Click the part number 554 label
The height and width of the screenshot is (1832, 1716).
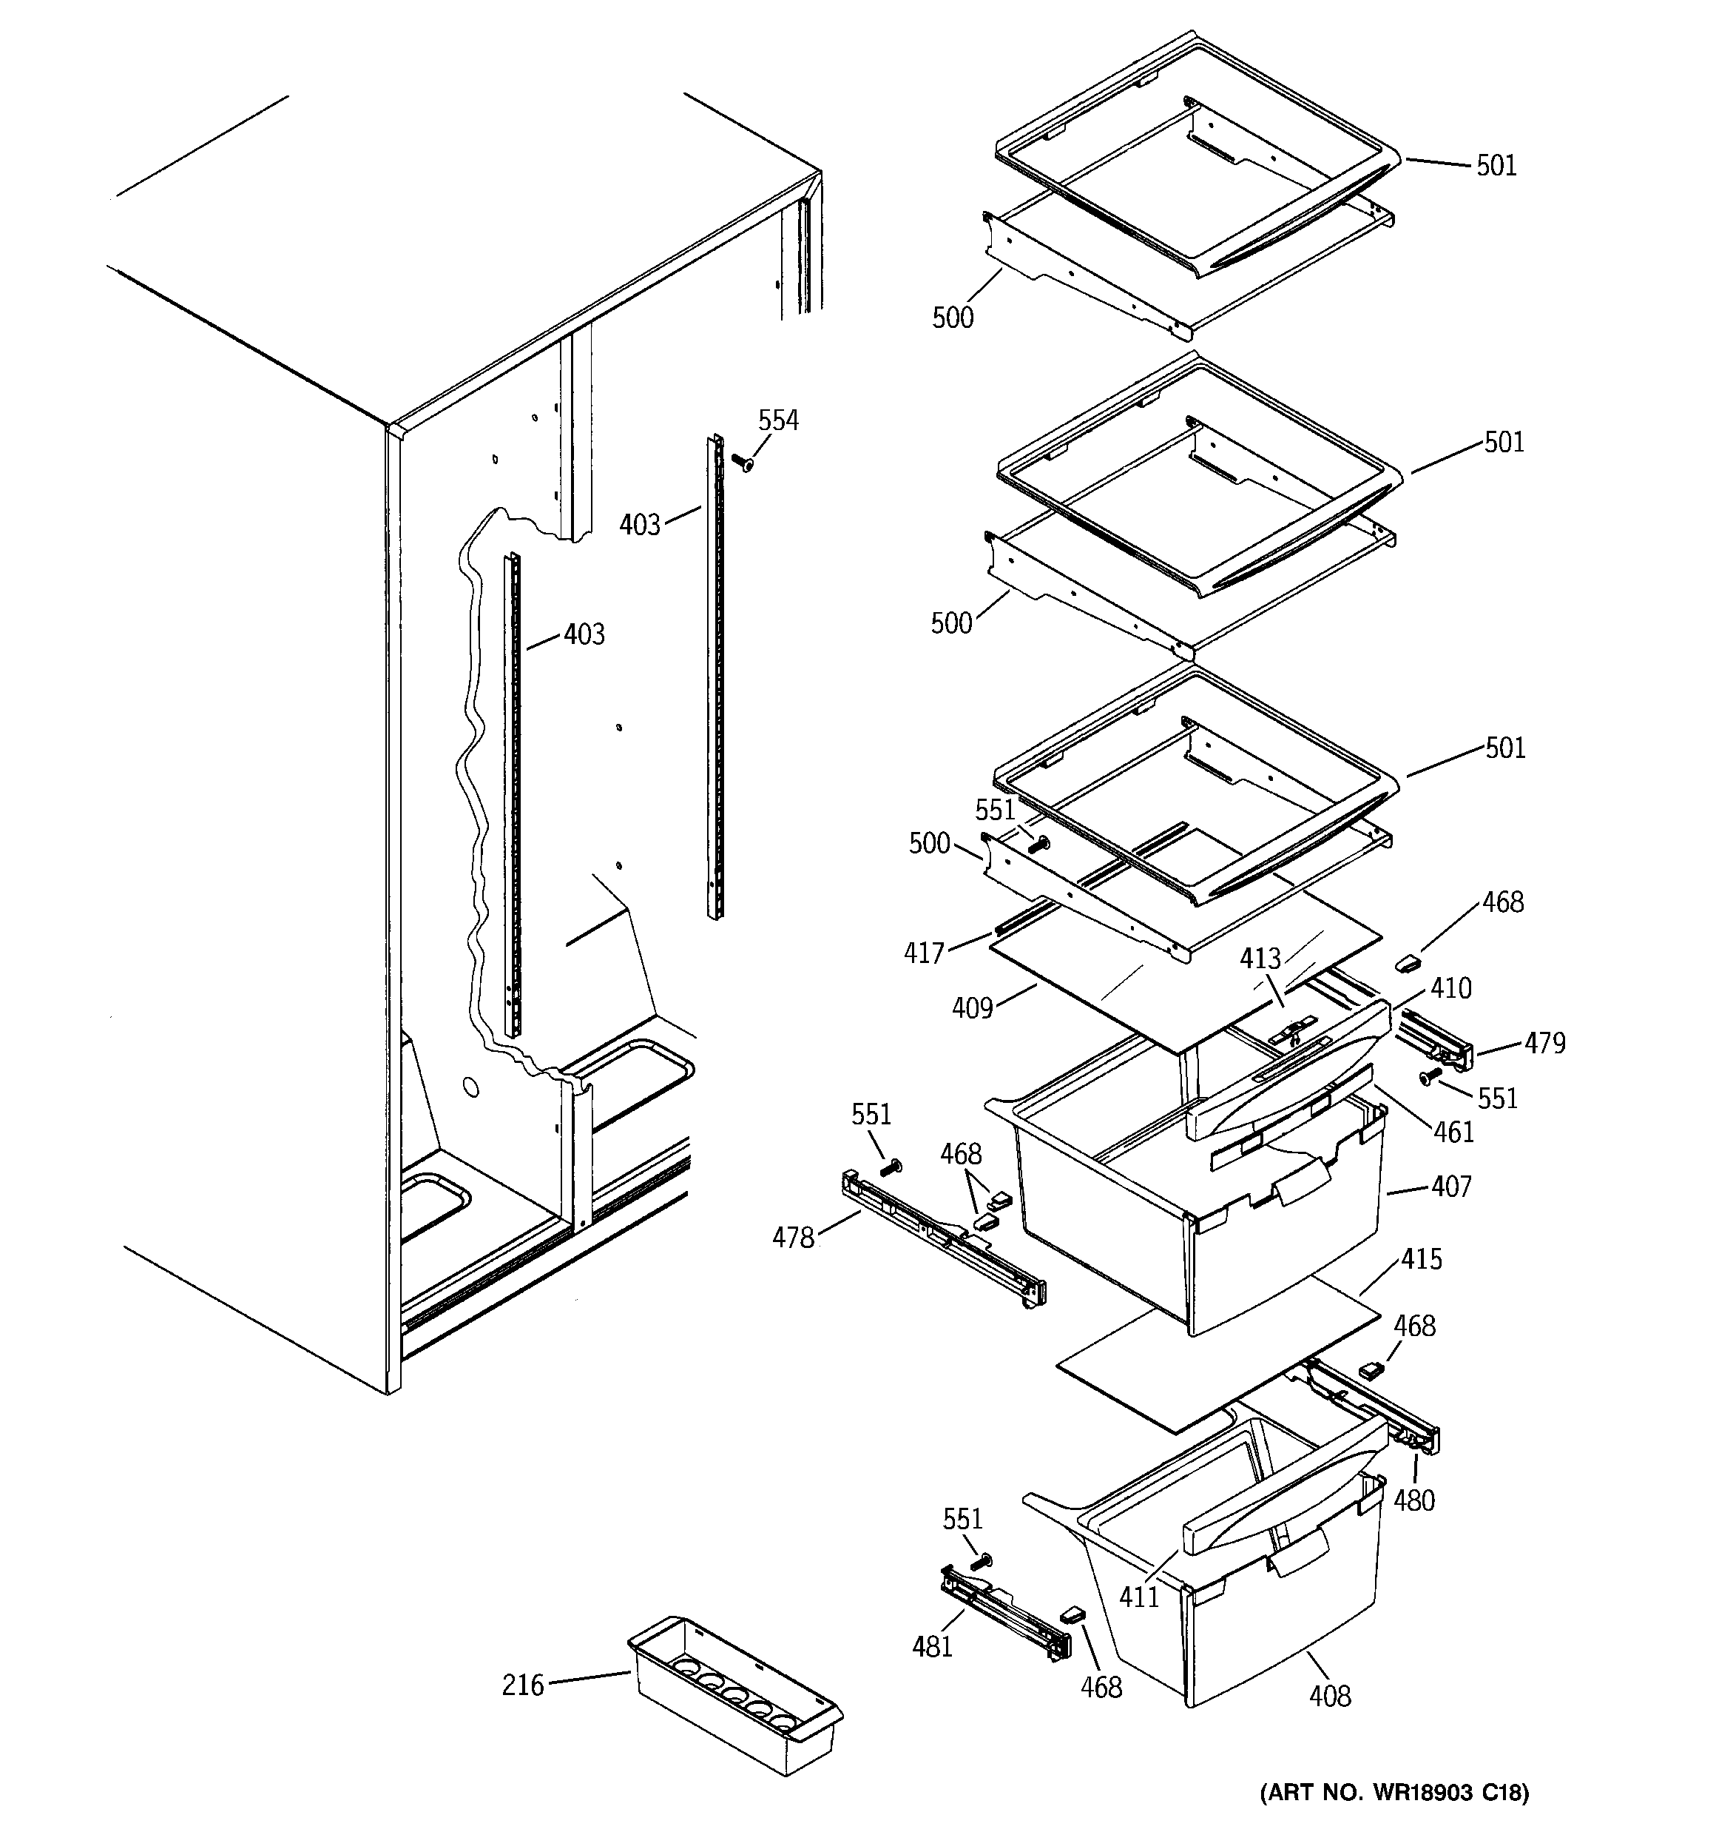777,421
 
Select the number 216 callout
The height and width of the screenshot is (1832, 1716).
522,1685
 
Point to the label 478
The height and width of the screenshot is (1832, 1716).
793,1238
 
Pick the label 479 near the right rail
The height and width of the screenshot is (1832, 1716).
1544,1042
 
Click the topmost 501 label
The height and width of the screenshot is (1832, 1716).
1496,166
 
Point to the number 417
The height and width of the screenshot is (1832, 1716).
924,952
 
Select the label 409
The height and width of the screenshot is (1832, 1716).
973,1008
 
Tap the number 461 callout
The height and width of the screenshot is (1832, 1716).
1453,1132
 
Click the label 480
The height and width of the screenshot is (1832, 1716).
1414,1500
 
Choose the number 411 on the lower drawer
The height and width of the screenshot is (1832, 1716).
1138,1596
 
